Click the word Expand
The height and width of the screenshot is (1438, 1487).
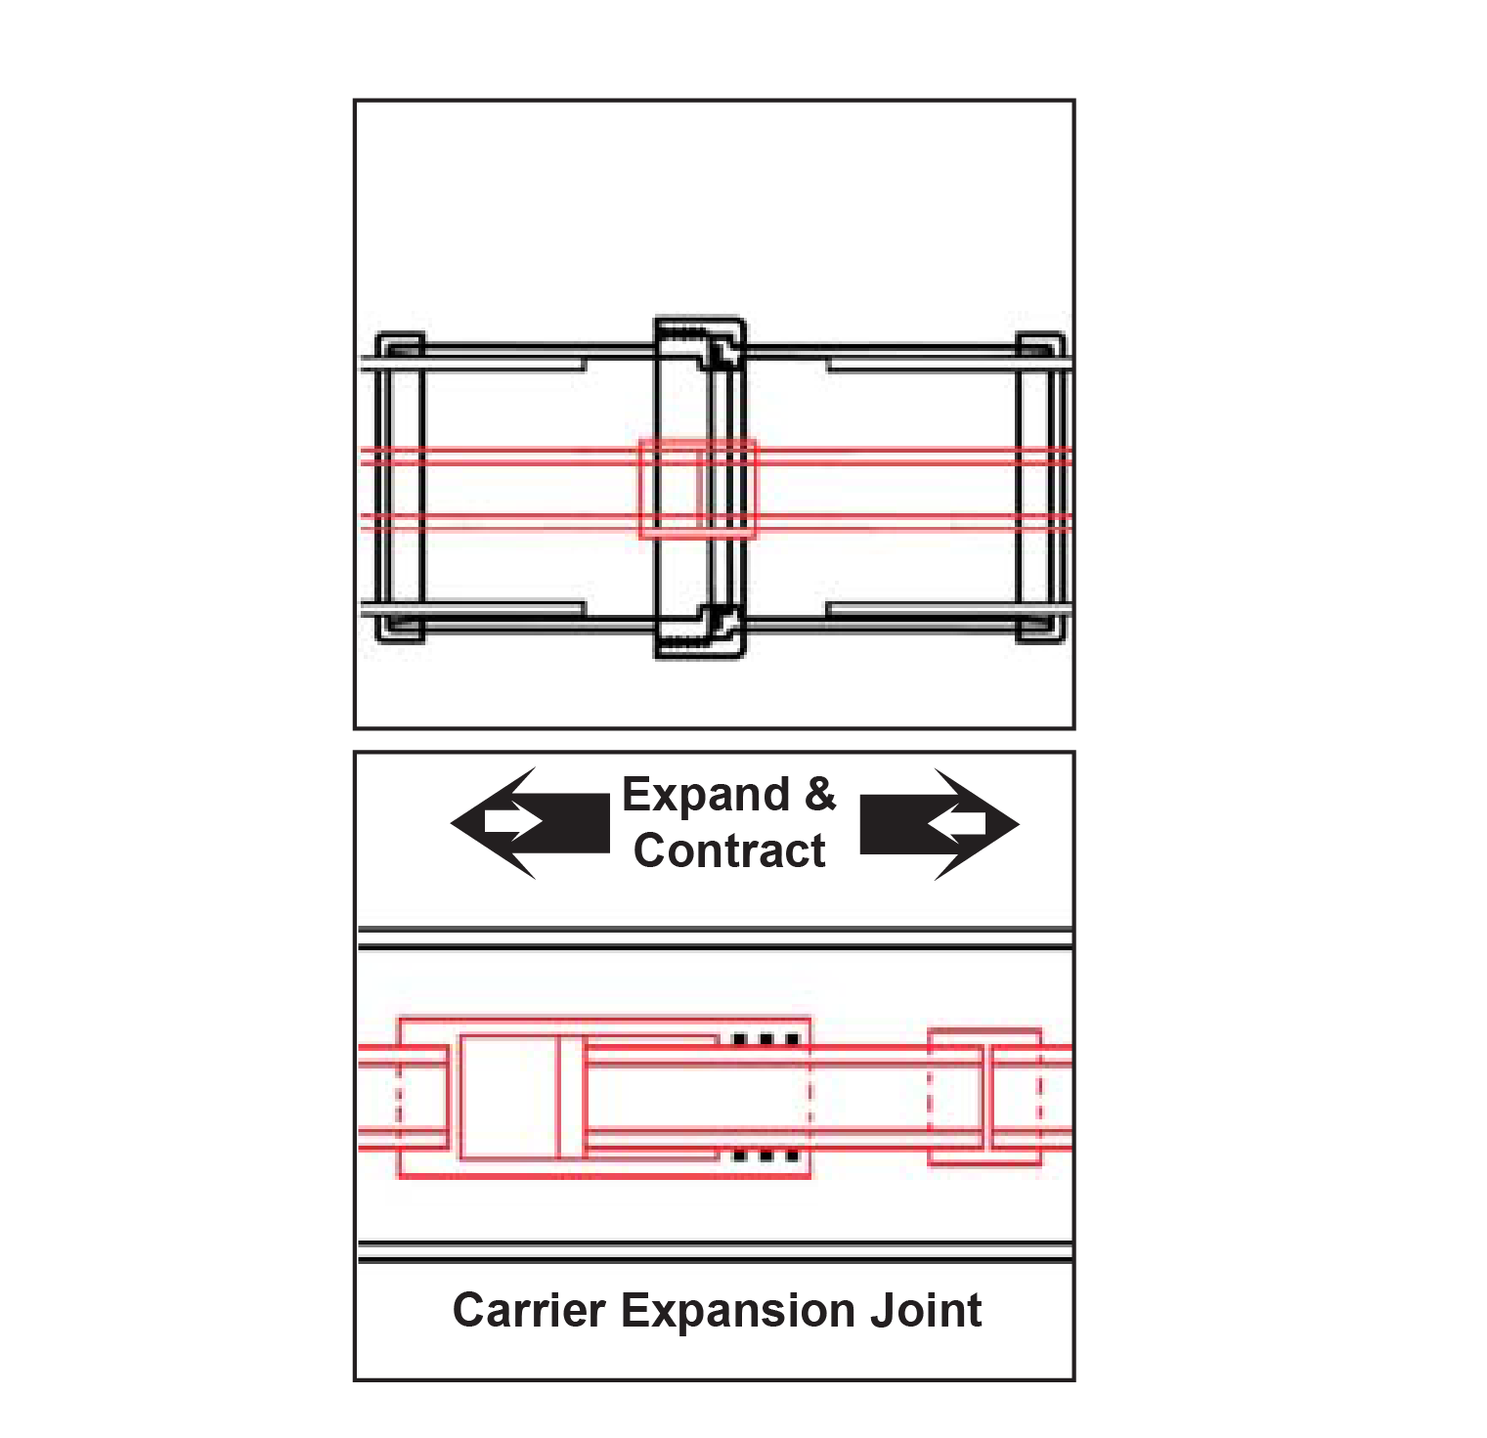tap(705, 796)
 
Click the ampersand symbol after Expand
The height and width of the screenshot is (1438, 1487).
tap(820, 794)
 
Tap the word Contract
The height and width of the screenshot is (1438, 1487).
tap(729, 850)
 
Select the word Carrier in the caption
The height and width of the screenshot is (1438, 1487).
tap(528, 1311)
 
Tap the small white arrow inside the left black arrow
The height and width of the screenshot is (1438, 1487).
tap(511, 822)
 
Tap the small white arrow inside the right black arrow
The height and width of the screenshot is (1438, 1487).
tap(957, 823)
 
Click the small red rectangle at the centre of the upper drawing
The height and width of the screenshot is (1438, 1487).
tap(697, 489)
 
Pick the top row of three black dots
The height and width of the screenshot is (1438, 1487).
tap(766, 1039)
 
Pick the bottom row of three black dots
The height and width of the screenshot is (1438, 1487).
tap(766, 1155)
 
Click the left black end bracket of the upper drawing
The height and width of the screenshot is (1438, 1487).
tap(400, 487)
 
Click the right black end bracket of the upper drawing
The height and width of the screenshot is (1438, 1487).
tap(1040, 487)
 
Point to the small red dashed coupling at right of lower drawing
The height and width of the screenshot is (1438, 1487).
tap(983, 1097)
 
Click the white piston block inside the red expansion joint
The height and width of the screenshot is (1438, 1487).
tap(508, 1097)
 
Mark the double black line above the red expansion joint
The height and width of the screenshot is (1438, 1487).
tap(715, 938)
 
